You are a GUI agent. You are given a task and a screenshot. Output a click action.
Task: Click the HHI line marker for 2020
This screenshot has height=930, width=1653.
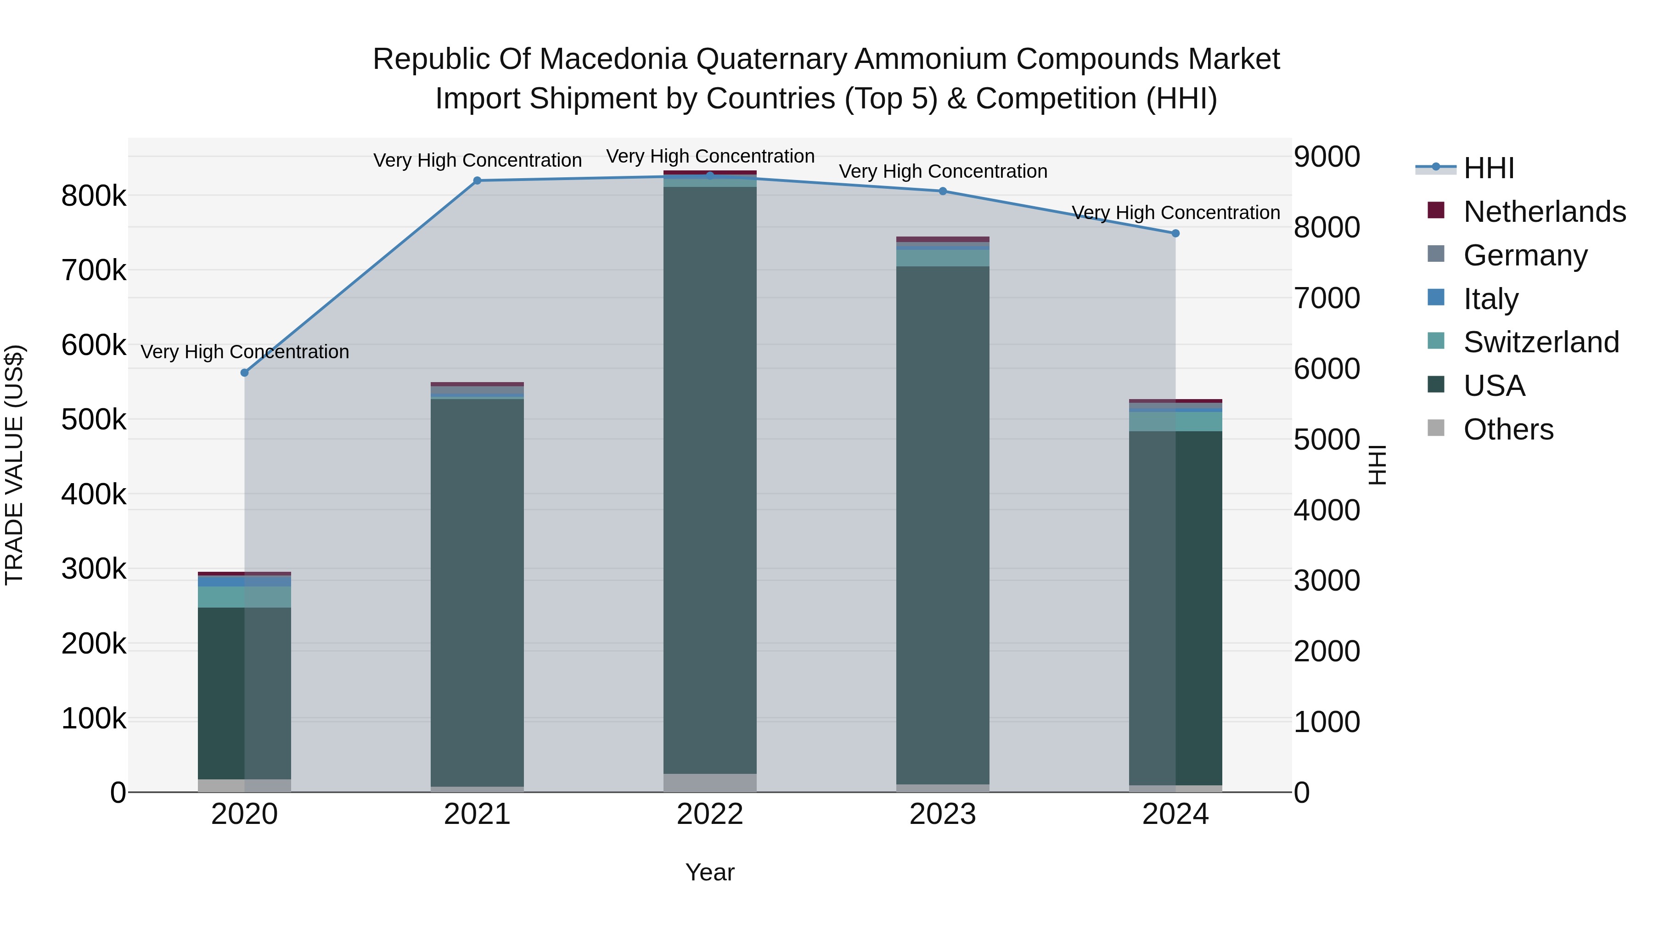(244, 373)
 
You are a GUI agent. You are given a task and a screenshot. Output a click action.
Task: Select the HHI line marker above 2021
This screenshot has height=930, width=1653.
(477, 181)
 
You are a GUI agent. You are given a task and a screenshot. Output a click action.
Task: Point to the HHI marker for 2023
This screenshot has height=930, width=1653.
(943, 191)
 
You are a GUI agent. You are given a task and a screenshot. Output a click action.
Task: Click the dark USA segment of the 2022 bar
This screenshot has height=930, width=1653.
(710, 481)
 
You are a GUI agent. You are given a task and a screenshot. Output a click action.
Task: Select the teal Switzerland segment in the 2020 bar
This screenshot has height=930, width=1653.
(244, 597)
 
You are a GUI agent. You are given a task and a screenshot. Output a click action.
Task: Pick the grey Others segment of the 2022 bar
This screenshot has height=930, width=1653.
(710, 783)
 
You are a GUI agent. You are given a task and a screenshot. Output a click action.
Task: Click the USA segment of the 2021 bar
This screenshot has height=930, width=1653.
(477, 591)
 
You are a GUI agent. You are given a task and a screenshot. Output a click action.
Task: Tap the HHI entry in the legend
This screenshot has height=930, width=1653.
(1489, 168)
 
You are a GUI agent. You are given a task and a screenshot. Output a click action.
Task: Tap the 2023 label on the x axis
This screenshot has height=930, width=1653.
(943, 814)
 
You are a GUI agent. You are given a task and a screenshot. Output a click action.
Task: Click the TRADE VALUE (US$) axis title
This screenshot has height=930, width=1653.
(14, 465)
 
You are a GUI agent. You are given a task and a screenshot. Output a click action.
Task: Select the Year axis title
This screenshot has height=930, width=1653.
(710, 872)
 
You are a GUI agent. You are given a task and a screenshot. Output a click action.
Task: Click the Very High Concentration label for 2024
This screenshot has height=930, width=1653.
(1175, 213)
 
